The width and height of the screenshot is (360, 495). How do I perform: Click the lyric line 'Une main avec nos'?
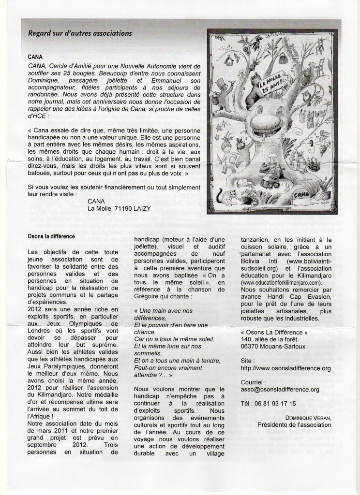(x=165, y=311)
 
